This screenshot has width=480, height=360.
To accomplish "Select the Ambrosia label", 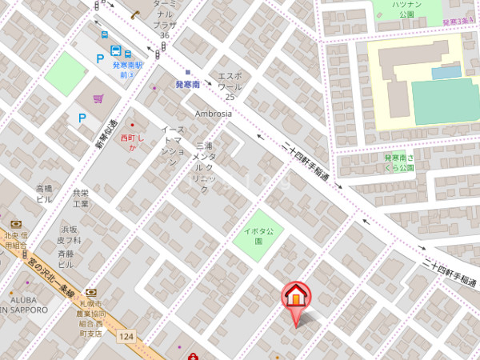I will coord(213,114).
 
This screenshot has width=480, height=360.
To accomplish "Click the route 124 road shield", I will coord(126,338).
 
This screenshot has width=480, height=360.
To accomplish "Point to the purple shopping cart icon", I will coord(98,99).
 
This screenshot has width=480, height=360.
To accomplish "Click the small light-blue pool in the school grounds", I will coord(446,72).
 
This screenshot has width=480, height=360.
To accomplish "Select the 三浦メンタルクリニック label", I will coord(204,167).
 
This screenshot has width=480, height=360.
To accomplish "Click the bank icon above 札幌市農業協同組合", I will coord(90,294).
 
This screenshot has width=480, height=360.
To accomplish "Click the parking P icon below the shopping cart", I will coord(82,118).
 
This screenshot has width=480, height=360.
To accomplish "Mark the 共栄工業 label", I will coord(81,198).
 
